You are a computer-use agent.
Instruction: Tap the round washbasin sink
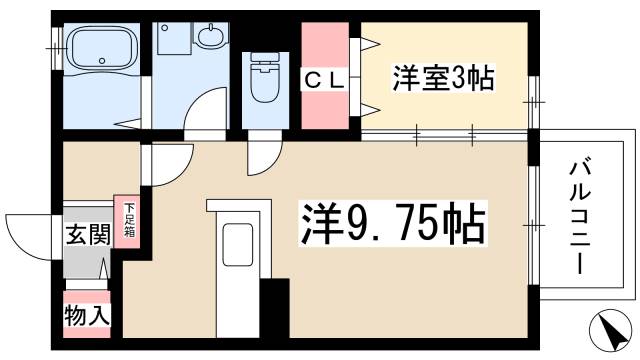click(x=212, y=38)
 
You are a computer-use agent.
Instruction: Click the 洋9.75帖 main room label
click(x=393, y=224)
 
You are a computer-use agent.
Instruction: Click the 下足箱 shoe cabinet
click(x=129, y=220)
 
